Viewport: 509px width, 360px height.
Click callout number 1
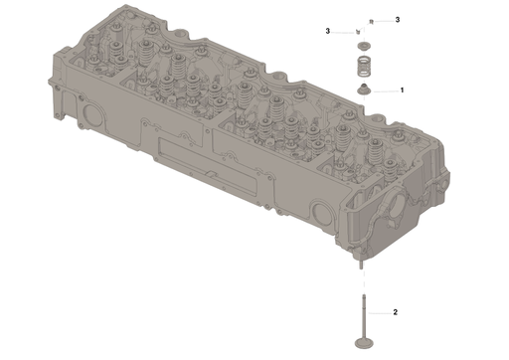[x=402, y=90]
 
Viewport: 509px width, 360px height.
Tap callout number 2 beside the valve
[x=395, y=312]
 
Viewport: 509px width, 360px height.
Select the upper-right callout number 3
[x=398, y=20]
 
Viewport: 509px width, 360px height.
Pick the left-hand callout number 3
[x=328, y=31]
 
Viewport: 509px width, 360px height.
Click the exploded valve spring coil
[x=364, y=67]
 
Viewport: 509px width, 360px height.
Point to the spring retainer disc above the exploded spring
[x=364, y=46]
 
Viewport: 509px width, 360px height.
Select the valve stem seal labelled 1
[x=364, y=90]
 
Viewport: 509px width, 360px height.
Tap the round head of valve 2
[x=364, y=343]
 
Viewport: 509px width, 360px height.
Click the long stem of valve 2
[x=364, y=316]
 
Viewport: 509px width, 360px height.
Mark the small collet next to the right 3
[x=372, y=22]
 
